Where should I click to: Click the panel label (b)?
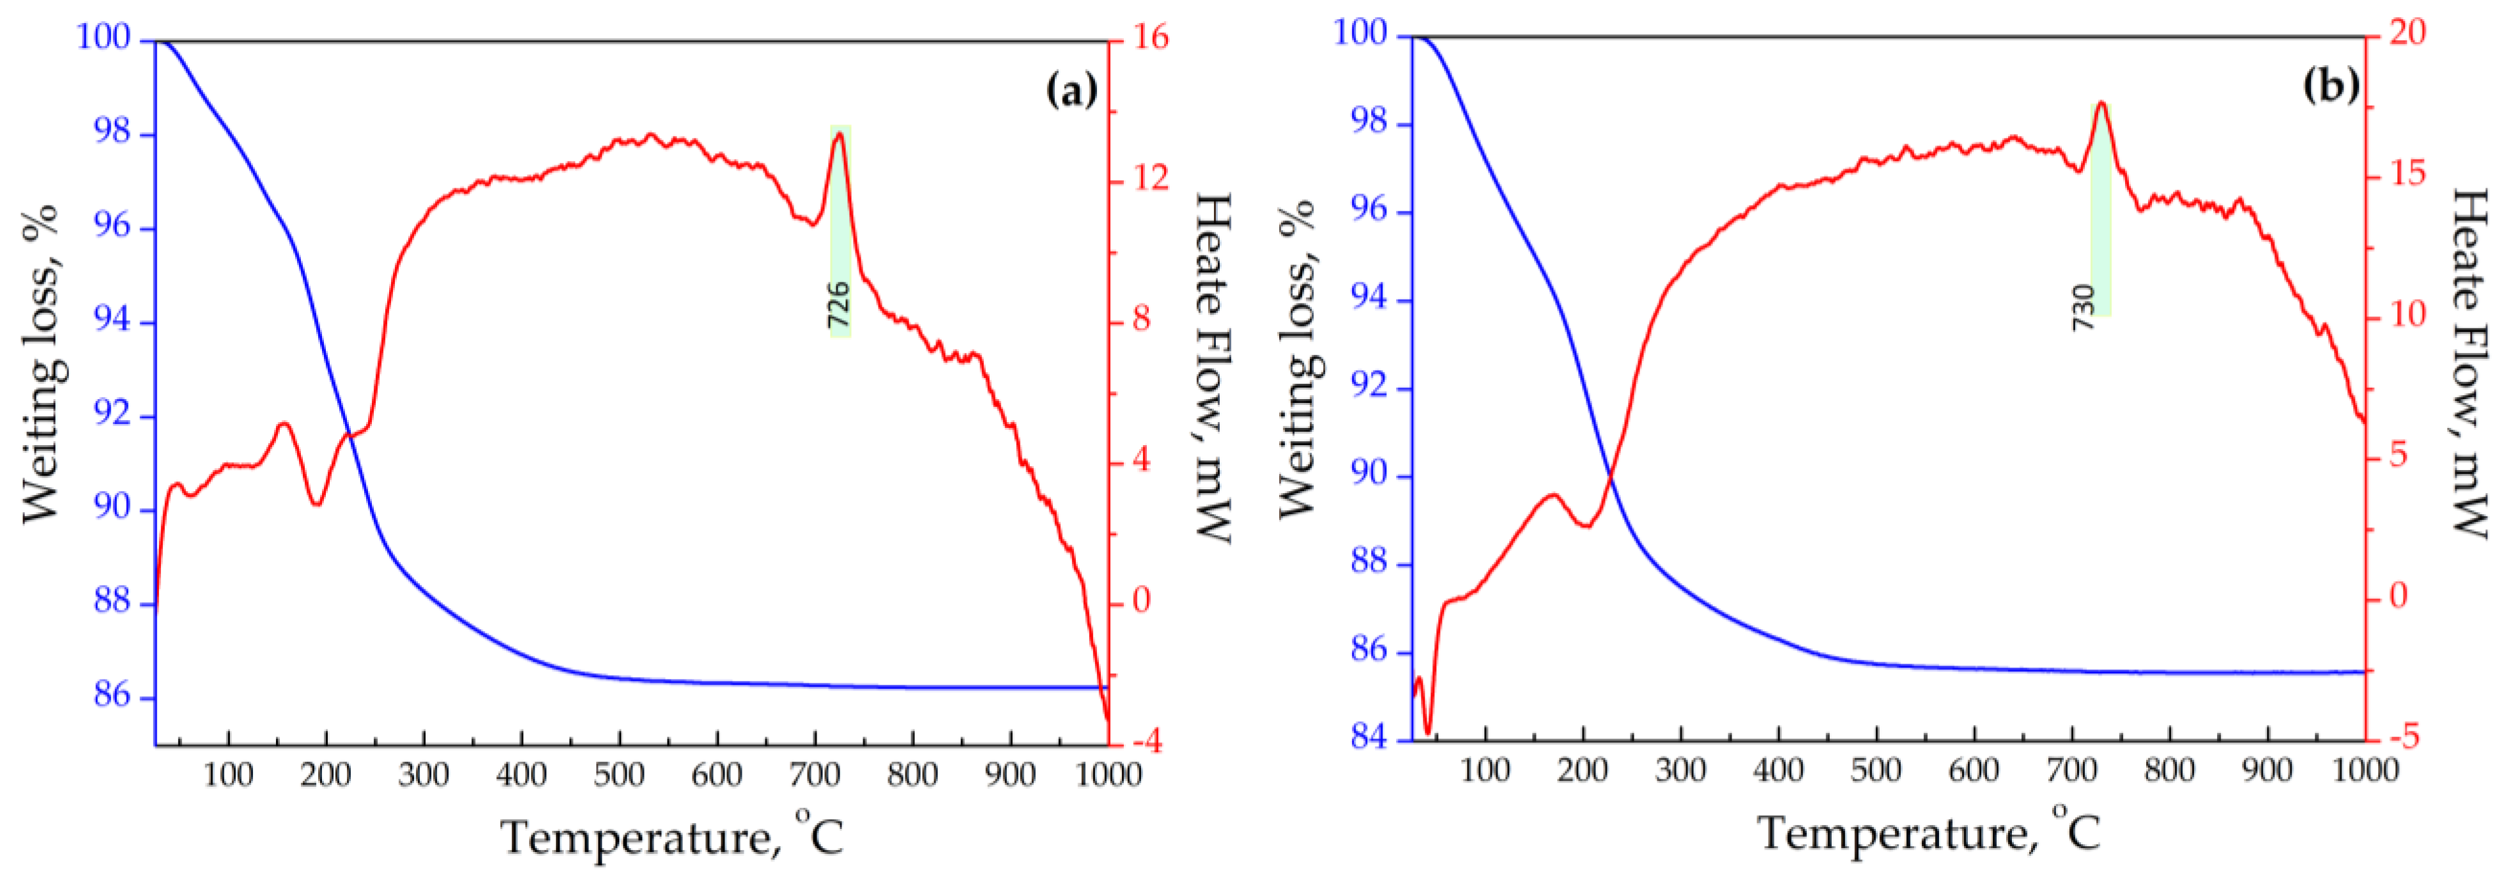click(x=2330, y=87)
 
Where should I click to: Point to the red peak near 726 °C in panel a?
click(x=839, y=133)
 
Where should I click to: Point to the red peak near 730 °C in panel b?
click(x=2101, y=103)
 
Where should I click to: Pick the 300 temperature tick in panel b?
click(x=1680, y=770)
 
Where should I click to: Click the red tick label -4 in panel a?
click(x=1142, y=743)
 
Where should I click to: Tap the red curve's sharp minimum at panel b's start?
click(x=1427, y=731)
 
